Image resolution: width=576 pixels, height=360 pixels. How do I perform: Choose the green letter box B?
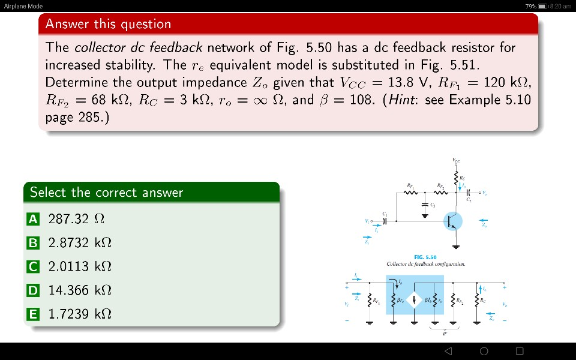34,243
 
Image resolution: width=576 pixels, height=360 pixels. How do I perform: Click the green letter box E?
34,314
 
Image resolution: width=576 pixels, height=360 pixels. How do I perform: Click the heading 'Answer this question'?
108,24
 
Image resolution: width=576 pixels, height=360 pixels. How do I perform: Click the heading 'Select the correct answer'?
106,193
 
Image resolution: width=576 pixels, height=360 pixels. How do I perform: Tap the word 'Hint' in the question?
404,100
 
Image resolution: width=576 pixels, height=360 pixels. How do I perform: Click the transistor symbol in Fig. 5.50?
454,221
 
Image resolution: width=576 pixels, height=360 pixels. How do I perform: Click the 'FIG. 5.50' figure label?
425,257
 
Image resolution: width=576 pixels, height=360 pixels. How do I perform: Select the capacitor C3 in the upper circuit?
425,207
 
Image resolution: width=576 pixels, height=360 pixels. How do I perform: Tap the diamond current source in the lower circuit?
414,299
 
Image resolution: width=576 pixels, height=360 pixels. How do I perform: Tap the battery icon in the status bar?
542,6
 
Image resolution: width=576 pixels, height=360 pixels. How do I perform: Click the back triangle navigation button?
448,351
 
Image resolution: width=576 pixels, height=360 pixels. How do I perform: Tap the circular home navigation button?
484,351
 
